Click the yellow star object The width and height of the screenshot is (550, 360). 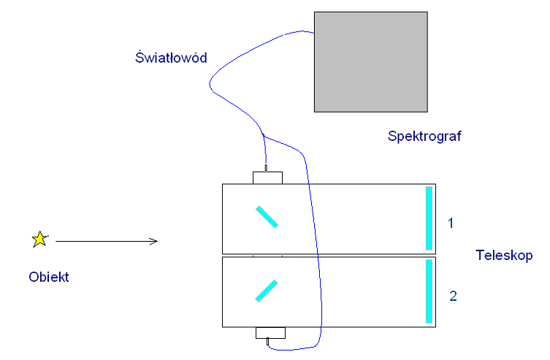(x=39, y=239)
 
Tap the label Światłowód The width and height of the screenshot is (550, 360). (x=172, y=58)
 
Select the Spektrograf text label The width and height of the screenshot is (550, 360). (x=426, y=136)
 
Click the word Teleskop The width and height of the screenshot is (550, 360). (x=504, y=256)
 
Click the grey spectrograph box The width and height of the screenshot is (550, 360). (x=370, y=61)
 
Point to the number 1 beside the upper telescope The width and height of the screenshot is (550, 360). (x=451, y=223)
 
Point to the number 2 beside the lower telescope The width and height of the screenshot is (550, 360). (x=453, y=296)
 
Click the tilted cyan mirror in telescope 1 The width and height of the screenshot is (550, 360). (x=267, y=217)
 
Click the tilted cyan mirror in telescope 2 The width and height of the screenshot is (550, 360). (x=267, y=291)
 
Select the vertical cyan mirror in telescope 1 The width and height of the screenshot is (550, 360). (x=429, y=218)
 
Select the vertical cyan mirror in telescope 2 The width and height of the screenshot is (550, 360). (x=429, y=291)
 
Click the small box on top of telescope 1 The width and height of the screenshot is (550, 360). (x=267, y=177)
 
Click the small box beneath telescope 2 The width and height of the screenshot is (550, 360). (x=270, y=333)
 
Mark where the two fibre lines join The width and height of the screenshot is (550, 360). (x=262, y=135)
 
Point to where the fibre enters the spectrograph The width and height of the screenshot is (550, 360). (x=313, y=33)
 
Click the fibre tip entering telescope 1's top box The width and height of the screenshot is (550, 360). (x=266, y=169)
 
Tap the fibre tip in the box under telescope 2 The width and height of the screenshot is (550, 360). (x=268, y=341)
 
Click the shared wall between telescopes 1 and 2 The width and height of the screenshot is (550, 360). (x=329, y=256)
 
